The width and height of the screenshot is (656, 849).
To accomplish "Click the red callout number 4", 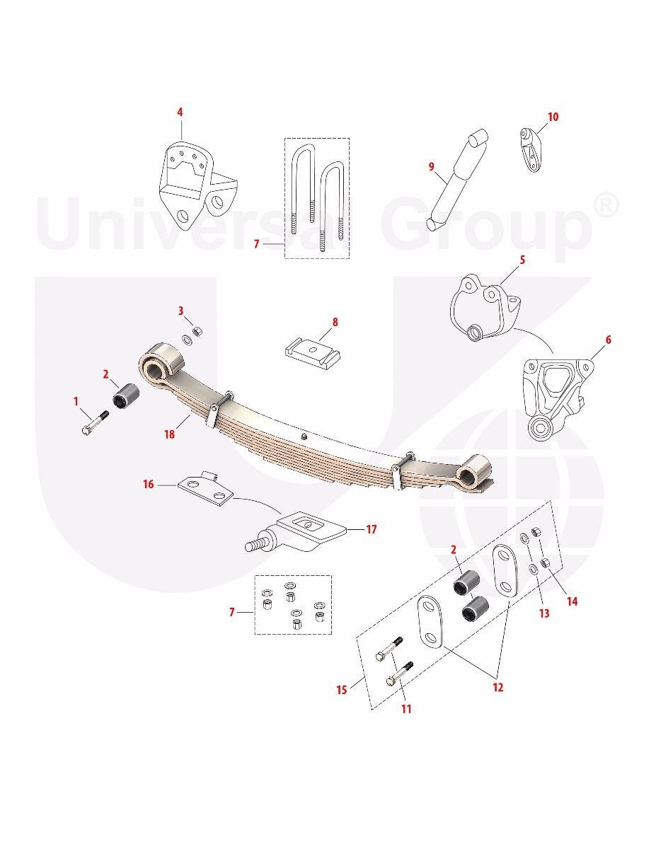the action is (180, 112).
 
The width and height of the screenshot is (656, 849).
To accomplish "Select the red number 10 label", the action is (553, 117).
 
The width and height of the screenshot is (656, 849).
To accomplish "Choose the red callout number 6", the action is (609, 340).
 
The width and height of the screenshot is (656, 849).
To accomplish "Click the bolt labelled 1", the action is (96, 422).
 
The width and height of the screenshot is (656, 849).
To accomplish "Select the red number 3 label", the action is (180, 311).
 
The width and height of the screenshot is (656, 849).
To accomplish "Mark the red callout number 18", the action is (169, 434).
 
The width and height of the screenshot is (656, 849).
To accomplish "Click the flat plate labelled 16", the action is (205, 487).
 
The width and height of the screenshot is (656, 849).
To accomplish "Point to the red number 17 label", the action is (372, 529).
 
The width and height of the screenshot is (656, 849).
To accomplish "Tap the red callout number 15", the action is (342, 690).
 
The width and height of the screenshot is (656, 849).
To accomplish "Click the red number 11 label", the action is (406, 709).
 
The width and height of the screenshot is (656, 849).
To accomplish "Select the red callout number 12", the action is (497, 687).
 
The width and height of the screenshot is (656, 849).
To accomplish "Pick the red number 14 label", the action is (572, 601).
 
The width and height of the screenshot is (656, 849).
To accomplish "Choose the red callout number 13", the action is (544, 613).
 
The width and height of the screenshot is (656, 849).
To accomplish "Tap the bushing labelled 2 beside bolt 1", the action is (126, 395).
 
